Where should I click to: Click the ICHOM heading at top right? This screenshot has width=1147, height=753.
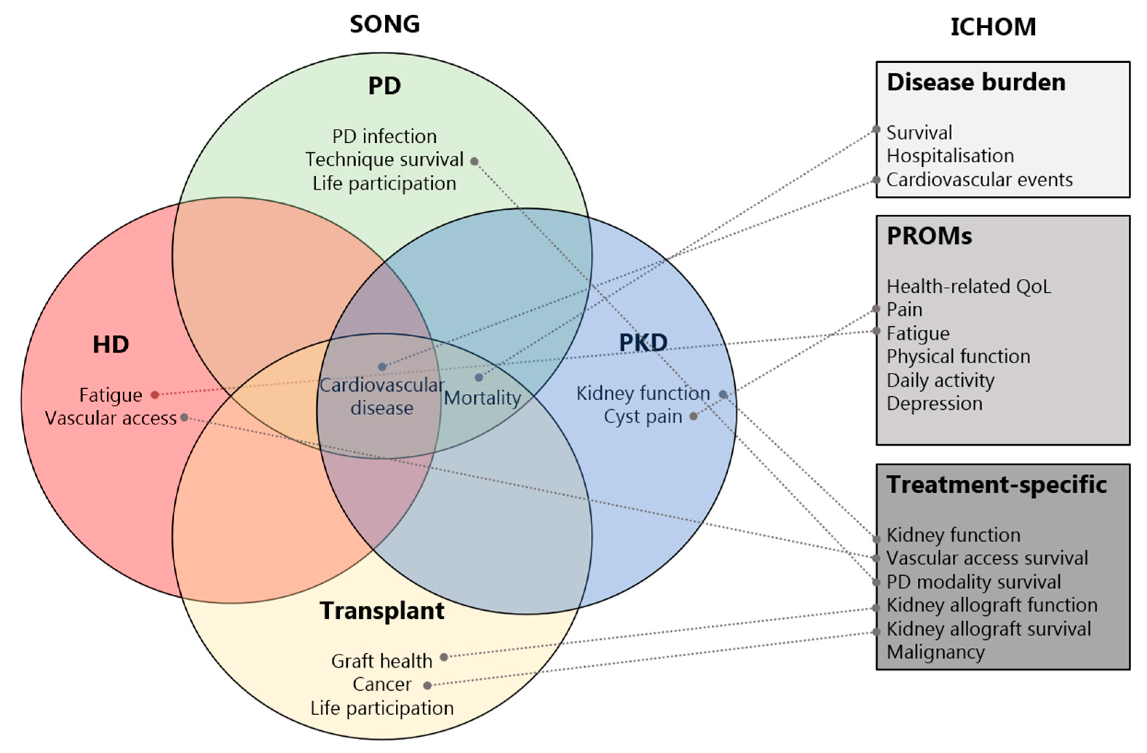coord(993,27)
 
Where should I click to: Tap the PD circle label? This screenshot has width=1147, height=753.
coord(384,86)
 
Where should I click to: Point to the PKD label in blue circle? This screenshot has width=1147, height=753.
coord(643,342)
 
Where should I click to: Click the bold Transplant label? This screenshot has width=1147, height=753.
coord(382,610)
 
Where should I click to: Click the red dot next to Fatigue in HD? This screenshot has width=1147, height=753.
coord(155,395)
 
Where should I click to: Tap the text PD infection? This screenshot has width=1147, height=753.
coord(384,136)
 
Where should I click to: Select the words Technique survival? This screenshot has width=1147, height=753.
coord(384,159)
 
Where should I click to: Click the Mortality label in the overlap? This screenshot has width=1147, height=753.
coord(482,398)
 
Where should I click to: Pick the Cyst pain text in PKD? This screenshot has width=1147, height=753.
coord(643,416)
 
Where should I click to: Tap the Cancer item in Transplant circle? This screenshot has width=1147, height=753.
coord(382,684)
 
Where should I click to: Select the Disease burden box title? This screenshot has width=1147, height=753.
coord(976,82)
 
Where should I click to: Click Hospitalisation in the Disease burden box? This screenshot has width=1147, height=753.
coord(950,156)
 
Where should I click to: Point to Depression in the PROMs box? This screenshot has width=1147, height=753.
coord(934,403)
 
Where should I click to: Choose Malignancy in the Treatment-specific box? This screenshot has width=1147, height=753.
coord(936,652)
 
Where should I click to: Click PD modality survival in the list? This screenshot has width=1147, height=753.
coord(973,582)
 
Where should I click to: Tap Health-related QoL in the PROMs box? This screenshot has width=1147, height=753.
coord(968,286)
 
